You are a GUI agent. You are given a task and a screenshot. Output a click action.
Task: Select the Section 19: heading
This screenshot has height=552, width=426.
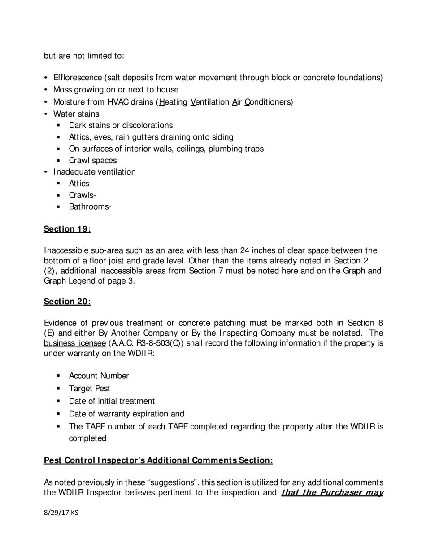67,229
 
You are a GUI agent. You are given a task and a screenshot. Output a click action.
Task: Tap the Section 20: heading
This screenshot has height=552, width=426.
67,302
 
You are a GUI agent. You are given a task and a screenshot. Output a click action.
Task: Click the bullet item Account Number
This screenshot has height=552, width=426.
99,376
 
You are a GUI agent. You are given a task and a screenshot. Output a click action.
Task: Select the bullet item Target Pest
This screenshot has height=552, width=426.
89,389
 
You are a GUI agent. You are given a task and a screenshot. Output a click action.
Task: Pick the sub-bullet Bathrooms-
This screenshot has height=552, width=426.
90,207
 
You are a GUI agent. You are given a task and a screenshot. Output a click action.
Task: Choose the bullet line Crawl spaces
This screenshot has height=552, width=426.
92,161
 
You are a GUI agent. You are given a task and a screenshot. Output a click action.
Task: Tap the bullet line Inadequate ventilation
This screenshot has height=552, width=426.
94,172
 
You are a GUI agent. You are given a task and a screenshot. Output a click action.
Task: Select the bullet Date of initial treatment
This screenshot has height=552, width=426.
112,401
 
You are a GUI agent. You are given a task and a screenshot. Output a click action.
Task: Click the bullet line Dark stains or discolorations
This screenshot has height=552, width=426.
121,125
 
